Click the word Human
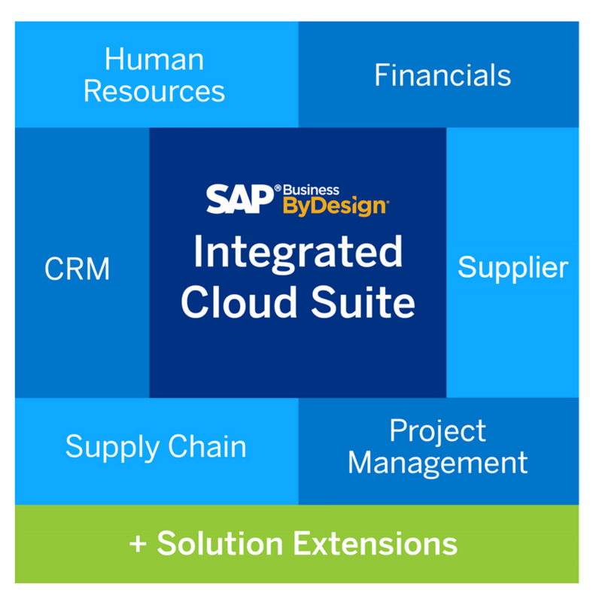pos(154,59)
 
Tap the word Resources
pos(154,91)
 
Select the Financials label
pos(442,75)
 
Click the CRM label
pos(78,269)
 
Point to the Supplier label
pos(513,267)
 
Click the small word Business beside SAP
pos(312,190)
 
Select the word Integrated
pos(298,253)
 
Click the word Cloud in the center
pos(236,303)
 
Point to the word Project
pos(437,431)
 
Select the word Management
pos(437,463)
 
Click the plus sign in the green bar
pos(137,544)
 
